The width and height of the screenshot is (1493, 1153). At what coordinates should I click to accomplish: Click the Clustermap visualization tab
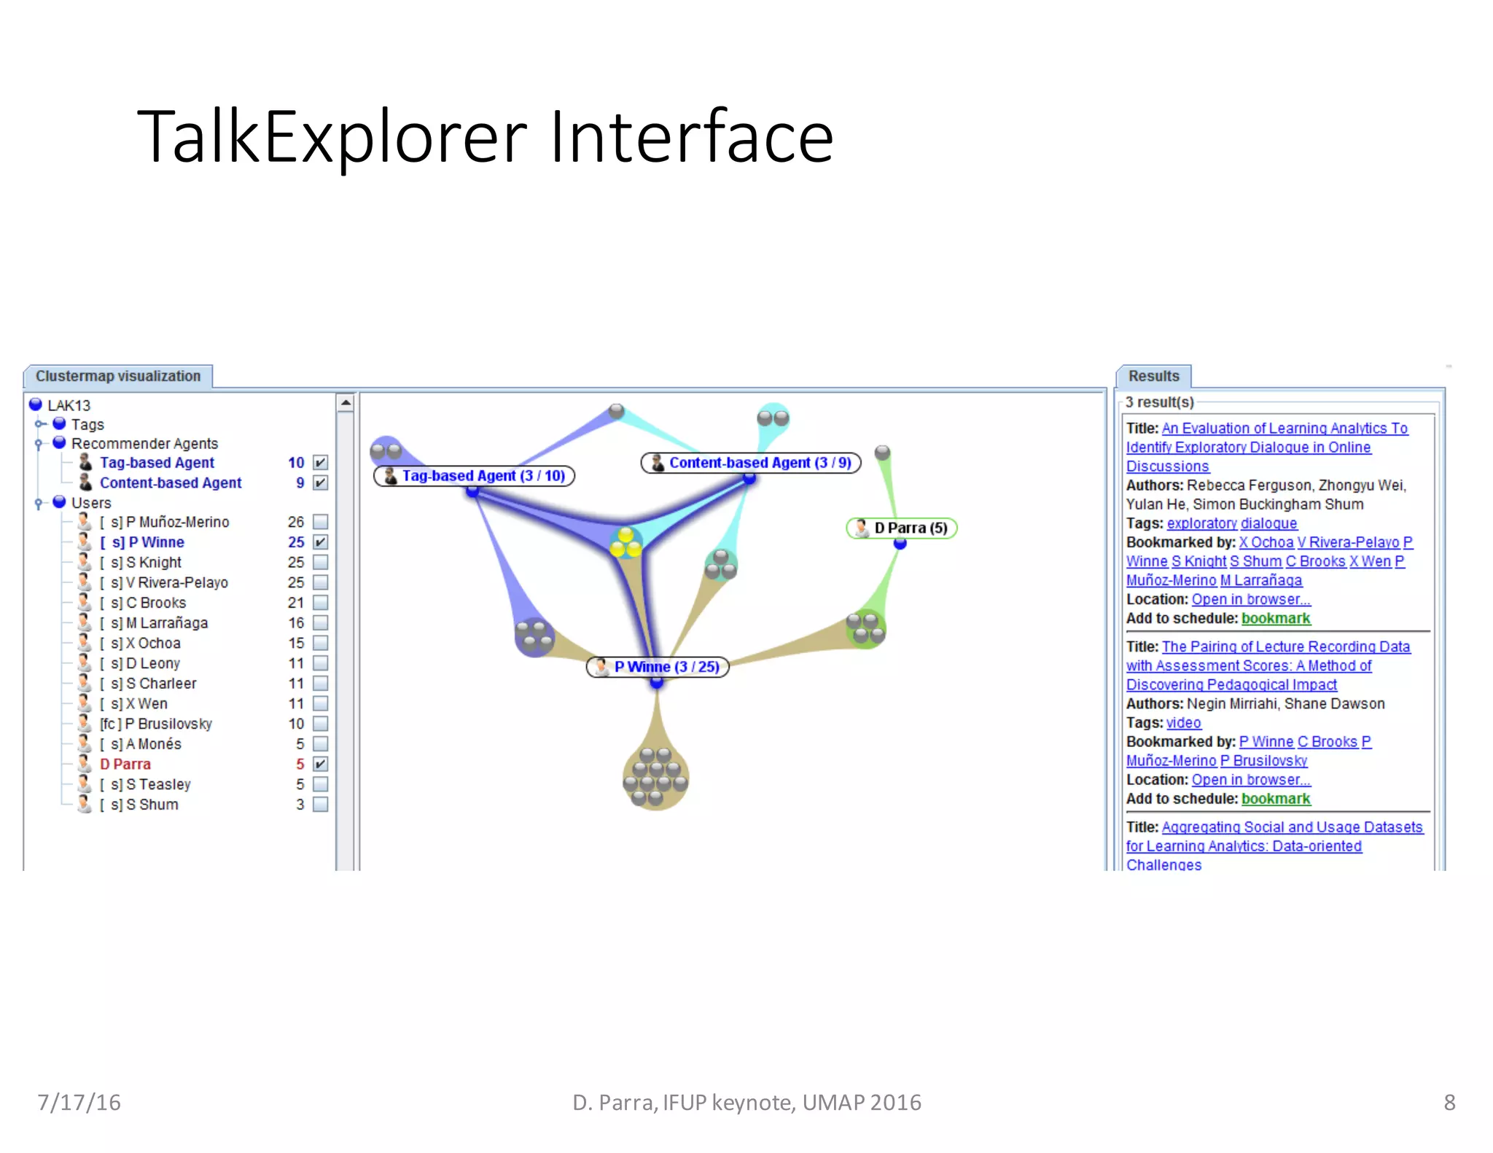pos(118,376)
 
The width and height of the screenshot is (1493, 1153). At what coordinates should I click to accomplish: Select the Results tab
pos(1153,376)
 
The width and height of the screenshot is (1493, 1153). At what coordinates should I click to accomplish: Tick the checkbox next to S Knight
pos(320,563)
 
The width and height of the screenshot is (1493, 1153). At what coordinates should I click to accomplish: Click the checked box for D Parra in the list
pos(320,764)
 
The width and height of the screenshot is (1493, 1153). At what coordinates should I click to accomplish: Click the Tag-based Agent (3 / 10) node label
pos(475,476)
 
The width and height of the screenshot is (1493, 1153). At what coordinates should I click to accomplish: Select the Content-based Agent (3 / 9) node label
pos(751,463)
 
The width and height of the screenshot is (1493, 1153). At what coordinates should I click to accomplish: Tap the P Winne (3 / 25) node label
pos(658,667)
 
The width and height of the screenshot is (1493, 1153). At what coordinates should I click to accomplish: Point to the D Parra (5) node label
pos(902,528)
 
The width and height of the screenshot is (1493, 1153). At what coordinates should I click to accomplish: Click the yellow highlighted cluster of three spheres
pos(625,544)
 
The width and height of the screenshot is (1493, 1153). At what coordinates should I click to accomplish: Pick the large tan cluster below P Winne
pos(655,777)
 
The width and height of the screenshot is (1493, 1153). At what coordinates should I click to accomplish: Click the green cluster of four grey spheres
pos(865,628)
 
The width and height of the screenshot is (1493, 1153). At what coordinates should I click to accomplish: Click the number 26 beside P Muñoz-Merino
pos(295,522)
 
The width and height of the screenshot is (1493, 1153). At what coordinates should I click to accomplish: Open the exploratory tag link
pos(1201,523)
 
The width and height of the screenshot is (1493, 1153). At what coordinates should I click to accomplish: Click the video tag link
pos(1183,723)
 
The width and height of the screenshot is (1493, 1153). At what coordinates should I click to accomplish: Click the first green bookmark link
pos(1275,618)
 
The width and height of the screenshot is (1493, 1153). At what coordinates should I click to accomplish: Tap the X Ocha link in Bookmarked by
pos(1266,542)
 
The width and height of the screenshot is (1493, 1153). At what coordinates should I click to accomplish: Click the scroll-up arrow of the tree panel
pos(346,402)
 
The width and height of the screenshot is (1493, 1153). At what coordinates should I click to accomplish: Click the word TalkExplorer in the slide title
pos(332,137)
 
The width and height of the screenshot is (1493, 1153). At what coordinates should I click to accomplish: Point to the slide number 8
pos(1449,1102)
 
